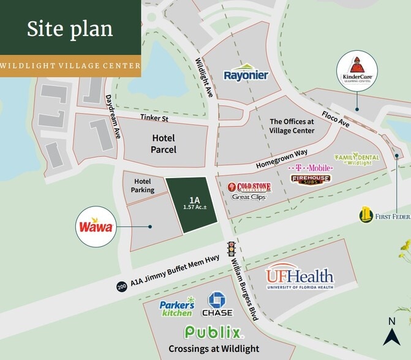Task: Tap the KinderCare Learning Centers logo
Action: (357, 71)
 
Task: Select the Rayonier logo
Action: (246, 73)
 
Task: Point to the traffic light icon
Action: (232, 248)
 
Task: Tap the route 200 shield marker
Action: (122, 286)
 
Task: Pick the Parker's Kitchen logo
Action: (177, 307)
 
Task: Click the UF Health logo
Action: (300, 279)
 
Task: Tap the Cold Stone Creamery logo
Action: (249, 187)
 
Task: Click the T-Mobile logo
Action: (311, 167)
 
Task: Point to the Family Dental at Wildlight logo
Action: (356, 159)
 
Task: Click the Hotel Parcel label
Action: (164, 144)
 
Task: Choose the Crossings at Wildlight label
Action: (214, 349)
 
